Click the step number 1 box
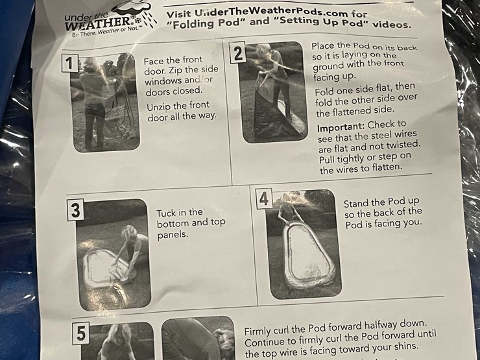click(70, 64)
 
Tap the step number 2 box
click(238, 53)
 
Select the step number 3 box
click(75, 210)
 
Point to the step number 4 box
click(264, 199)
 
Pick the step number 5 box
click(81, 333)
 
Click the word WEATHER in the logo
click(98, 23)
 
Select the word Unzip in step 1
click(158, 107)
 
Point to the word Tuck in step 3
click(166, 213)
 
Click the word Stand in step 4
click(357, 204)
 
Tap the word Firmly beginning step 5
click(258, 331)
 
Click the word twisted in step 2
click(404, 145)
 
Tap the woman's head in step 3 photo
click(129, 234)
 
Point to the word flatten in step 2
click(386, 167)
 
